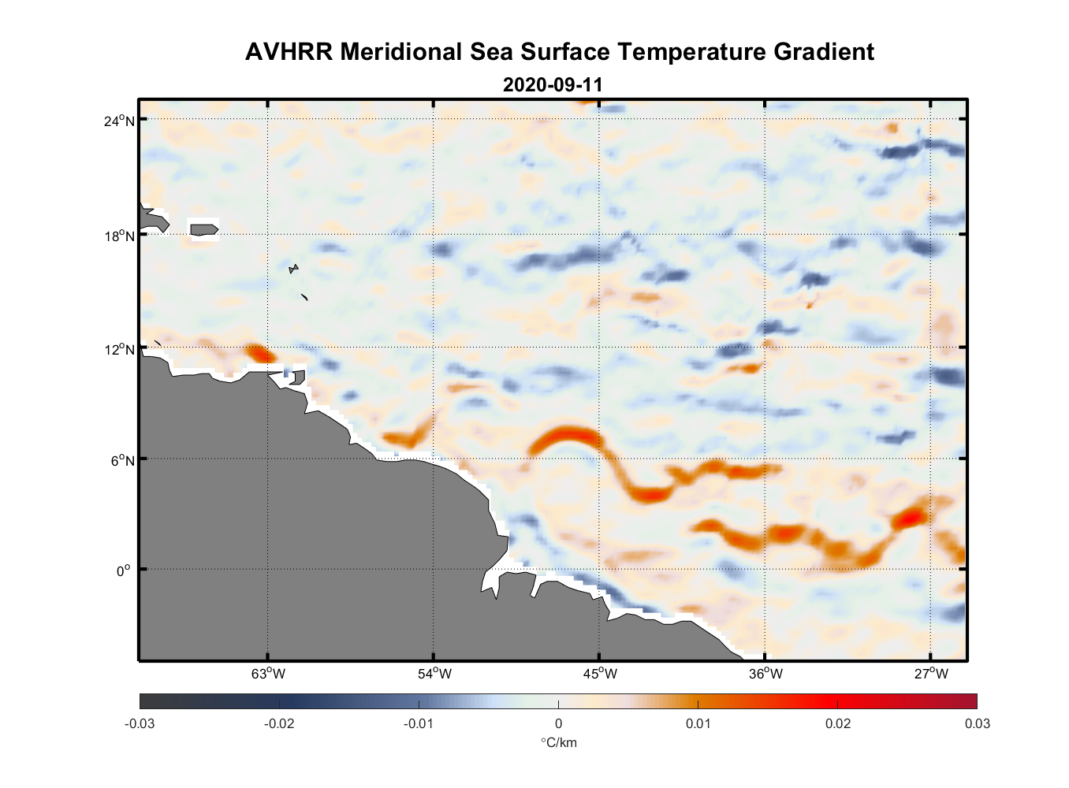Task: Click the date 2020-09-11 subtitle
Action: tap(553, 84)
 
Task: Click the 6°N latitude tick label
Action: tap(122, 460)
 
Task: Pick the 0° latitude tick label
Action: tap(123, 571)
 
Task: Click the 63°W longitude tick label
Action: tap(268, 674)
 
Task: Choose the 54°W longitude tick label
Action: tap(434, 674)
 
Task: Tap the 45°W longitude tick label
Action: tap(600, 674)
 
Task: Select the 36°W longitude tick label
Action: tap(765, 674)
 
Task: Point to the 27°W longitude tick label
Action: tap(931, 674)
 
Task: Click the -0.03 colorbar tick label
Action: tap(140, 723)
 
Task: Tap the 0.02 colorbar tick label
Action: tap(837, 723)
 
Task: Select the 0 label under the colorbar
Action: tap(558, 723)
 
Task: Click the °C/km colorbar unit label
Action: tap(558, 742)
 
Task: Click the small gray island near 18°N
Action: tap(203, 229)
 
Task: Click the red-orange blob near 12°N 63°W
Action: tap(257, 352)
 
